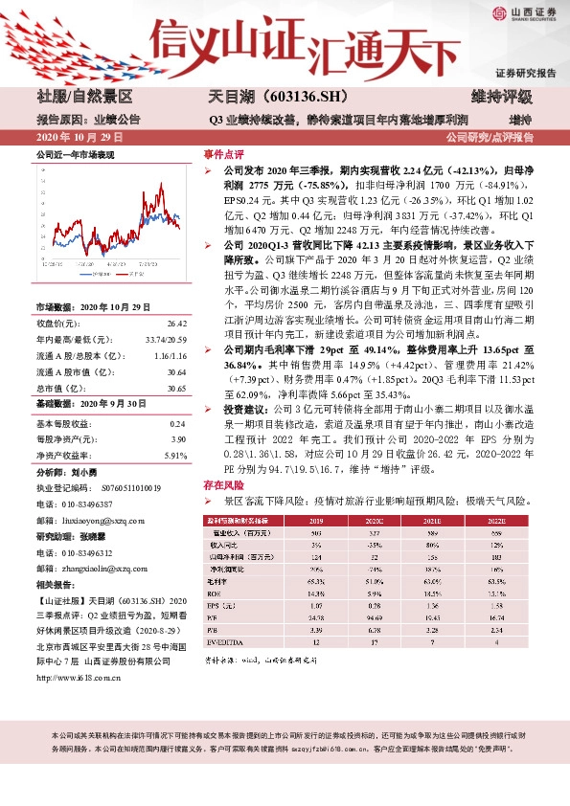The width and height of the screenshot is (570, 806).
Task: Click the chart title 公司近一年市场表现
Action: pyautogui.click(x=75, y=154)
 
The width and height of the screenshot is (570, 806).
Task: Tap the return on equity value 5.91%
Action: pyautogui.click(x=177, y=456)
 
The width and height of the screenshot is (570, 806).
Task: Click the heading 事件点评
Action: pyautogui.click(x=219, y=153)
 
